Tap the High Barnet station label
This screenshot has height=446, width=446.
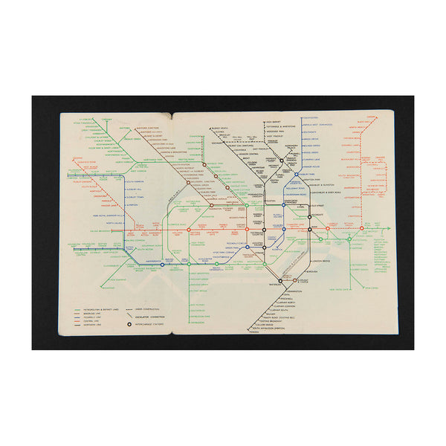(x=276, y=122)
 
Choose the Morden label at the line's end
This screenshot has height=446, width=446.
(x=256, y=332)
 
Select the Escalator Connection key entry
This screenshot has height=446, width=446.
(x=155, y=315)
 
